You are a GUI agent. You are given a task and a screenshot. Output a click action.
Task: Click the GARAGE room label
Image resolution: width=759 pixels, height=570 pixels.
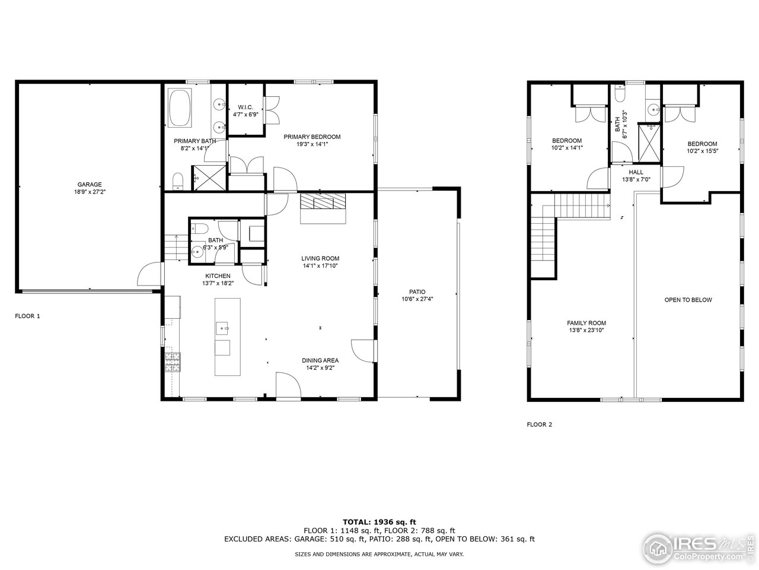pyautogui.click(x=90, y=185)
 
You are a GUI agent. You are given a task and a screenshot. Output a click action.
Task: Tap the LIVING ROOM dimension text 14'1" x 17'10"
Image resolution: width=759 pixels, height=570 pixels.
pyautogui.click(x=320, y=266)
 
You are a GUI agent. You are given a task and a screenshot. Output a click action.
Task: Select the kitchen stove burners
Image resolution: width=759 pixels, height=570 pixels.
pyautogui.click(x=173, y=362)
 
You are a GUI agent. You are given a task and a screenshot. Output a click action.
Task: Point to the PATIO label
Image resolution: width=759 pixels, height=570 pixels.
pyautogui.click(x=417, y=292)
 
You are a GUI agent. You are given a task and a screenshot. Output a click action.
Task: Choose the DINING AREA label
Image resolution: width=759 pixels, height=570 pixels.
pyautogui.click(x=320, y=360)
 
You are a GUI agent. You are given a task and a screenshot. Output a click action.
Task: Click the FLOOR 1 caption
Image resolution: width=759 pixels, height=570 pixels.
pyautogui.click(x=28, y=316)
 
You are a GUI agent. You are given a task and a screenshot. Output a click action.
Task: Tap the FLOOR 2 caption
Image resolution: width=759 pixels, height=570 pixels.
pyautogui.click(x=540, y=425)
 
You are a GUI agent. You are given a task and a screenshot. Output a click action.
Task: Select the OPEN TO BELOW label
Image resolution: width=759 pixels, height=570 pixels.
pyautogui.click(x=688, y=300)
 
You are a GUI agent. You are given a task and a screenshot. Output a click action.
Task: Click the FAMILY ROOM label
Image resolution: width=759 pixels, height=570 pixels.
pyautogui.click(x=586, y=323)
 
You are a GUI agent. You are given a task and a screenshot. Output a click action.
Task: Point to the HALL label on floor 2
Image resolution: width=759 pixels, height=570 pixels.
pyautogui.click(x=636, y=172)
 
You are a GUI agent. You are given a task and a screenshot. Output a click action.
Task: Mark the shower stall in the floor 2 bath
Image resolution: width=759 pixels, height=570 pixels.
pyautogui.click(x=648, y=142)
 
